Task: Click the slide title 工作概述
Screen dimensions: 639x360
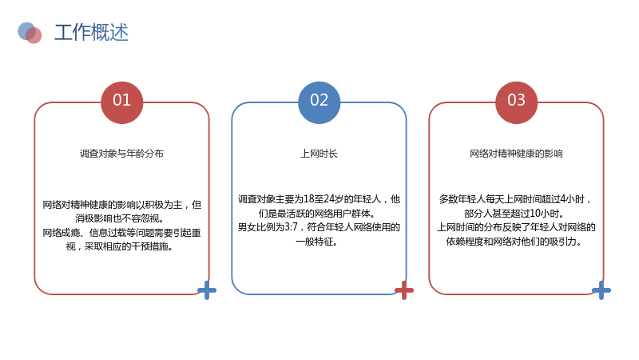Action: coord(91,32)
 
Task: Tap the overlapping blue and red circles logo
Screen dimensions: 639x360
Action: coord(30,33)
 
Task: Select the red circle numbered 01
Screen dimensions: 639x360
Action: coord(122,102)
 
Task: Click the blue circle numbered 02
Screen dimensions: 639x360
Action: coord(319,102)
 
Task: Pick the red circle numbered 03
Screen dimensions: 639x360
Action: coord(516,102)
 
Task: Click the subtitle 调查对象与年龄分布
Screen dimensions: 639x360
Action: coord(122,154)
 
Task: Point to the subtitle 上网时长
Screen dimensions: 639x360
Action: coord(319,154)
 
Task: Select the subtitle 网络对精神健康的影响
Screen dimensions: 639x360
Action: coord(516,154)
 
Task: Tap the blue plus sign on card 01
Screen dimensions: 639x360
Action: coord(207,290)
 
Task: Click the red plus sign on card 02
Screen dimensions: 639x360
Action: coord(404,290)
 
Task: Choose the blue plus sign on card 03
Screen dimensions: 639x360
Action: coord(601,290)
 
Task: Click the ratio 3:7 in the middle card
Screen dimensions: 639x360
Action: coord(291,227)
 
